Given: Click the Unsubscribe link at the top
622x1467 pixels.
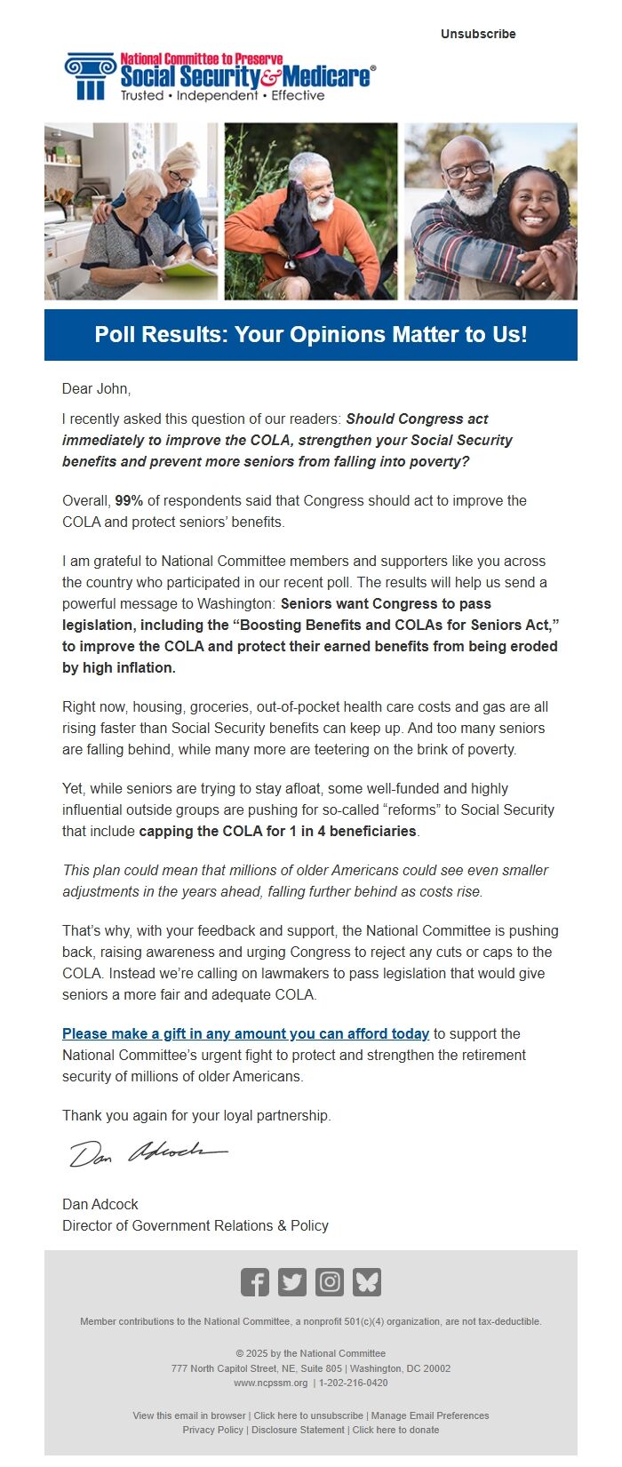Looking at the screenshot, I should coord(478,34).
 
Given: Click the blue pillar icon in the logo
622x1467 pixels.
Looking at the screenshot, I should coord(90,76).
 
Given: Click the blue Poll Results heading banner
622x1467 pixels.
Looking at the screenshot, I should coord(311,335).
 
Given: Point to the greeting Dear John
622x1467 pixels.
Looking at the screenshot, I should coord(96,388).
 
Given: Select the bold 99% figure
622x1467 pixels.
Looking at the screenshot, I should coord(129,500).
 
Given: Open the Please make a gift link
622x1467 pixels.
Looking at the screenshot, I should coord(245,1033).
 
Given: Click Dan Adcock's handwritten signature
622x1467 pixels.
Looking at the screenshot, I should coord(148,1152).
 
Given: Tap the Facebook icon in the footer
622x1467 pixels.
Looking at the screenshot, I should coord(255,1282).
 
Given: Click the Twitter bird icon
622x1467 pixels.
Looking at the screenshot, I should coord(292,1282).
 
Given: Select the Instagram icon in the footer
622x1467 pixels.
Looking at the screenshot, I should coord(330,1282).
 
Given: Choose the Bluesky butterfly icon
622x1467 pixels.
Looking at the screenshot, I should coord(367,1282).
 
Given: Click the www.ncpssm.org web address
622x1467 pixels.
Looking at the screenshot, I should coord(271,1383).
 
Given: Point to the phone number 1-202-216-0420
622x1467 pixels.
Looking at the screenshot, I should coord(353,1383).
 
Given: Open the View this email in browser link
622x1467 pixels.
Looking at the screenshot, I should coord(189,1415).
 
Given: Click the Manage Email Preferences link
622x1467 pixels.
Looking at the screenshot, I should coord(430,1415).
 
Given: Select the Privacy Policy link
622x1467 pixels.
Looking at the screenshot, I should coord(212,1430).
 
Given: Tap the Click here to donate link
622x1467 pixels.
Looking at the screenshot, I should coord(395,1430).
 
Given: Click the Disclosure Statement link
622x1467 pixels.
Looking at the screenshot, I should coord(298,1430).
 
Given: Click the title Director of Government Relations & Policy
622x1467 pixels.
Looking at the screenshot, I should coord(195,1225).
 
